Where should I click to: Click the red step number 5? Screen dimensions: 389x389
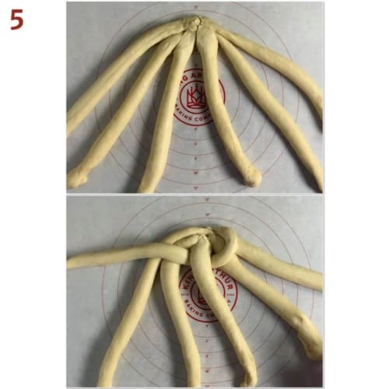(17, 19)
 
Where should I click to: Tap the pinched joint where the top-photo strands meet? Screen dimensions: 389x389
(193, 24)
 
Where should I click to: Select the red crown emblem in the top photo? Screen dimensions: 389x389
(194, 96)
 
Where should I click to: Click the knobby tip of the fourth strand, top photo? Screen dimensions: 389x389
(251, 177)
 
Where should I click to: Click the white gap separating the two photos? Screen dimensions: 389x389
(194, 194)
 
